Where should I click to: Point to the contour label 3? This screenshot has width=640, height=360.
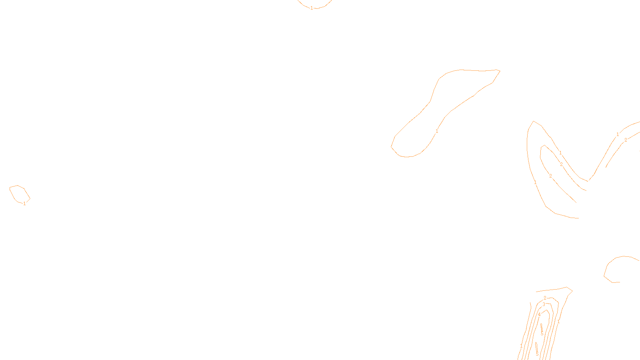point(544,304)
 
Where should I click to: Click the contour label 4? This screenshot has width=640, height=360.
point(539,314)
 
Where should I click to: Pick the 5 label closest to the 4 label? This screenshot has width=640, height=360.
point(542,334)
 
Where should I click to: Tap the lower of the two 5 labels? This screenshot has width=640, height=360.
point(537,354)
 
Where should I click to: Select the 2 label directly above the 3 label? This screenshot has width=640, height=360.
point(545,298)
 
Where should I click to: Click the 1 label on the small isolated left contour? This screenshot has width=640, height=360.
point(24,204)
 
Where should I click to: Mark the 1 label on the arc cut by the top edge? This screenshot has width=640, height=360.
point(312,8)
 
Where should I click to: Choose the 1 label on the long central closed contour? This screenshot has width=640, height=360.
point(437,131)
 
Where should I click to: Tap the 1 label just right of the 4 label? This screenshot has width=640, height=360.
point(558,322)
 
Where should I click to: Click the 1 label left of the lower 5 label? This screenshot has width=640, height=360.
point(521,346)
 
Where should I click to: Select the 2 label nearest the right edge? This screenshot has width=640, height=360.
point(626,140)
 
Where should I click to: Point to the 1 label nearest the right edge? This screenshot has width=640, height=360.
point(618,134)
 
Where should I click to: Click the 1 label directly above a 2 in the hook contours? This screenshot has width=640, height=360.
point(560,153)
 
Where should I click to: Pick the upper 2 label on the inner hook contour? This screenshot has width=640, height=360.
point(561,164)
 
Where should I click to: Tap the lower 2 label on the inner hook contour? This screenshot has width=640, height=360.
point(550,176)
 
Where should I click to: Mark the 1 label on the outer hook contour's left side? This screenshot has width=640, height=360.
point(535,182)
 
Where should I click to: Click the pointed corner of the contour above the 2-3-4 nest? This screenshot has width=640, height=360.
point(572,291)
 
